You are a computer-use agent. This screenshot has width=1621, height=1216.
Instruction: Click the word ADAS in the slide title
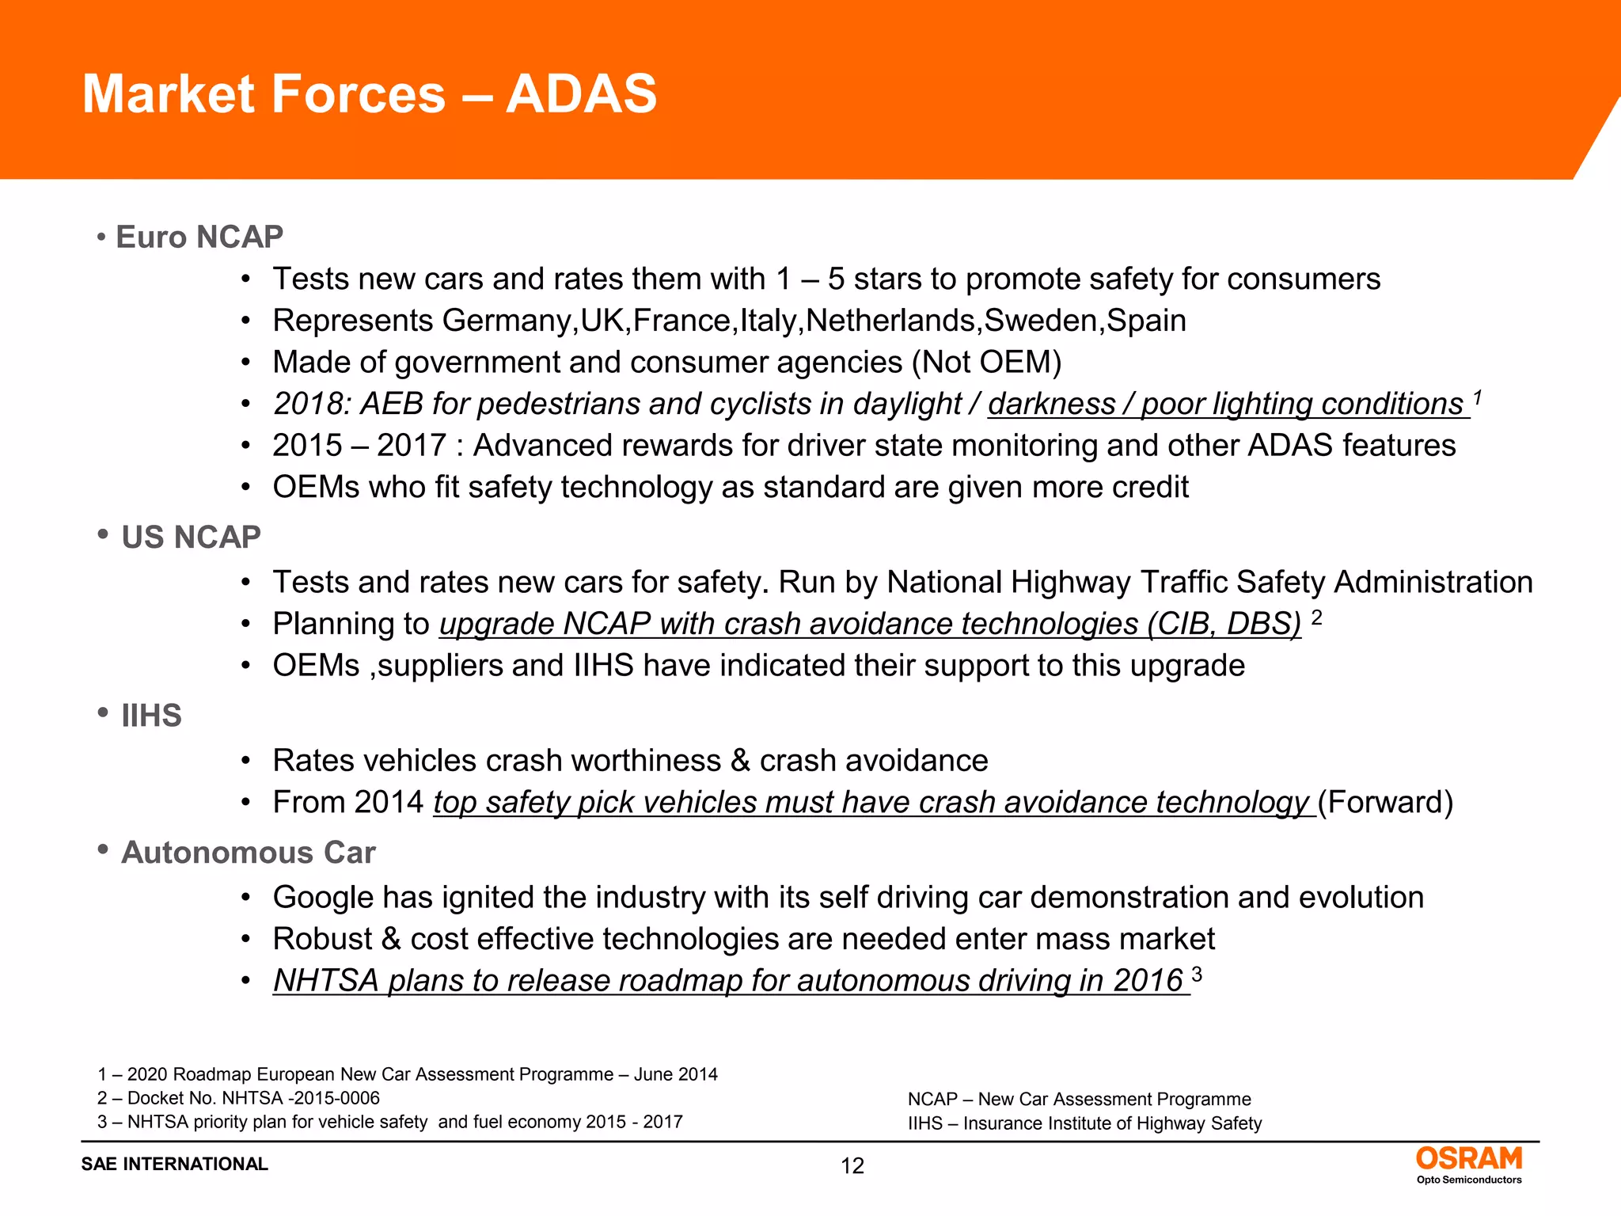[581, 94]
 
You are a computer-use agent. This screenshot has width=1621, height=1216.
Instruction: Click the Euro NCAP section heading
[199, 237]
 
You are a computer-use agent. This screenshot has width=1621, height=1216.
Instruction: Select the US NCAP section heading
[191, 538]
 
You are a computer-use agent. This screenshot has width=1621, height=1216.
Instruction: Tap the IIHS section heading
[151, 716]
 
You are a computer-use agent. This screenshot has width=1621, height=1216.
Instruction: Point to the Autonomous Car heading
[248, 853]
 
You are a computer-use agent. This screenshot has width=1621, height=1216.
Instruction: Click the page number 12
[852, 1166]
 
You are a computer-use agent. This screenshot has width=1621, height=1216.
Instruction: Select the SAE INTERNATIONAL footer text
[174, 1164]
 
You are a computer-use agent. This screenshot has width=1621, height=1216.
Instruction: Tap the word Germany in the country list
[507, 321]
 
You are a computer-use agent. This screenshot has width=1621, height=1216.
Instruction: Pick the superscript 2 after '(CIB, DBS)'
[1316, 617]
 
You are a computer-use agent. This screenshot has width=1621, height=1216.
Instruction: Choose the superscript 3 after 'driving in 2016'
[1197, 974]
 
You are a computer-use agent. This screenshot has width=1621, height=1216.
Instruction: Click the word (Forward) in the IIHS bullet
[1385, 803]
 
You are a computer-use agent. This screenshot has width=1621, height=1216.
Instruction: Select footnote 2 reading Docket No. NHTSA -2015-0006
[238, 1098]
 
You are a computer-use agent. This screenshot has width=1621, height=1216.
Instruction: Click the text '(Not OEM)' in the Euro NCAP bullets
[986, 363]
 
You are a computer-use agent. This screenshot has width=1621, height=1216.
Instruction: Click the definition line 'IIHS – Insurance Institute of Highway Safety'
[1084, 1123]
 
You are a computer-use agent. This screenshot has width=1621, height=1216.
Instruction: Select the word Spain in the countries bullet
[1145, 321]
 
